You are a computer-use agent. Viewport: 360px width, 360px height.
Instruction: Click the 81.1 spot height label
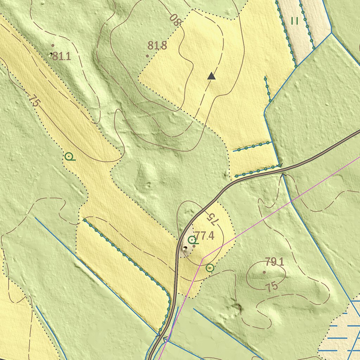click(x=62, y=56)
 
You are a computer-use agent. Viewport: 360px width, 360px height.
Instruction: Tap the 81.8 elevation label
click(x=157, y=45)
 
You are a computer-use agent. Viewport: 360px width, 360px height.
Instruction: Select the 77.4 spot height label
click(x=204, y=235)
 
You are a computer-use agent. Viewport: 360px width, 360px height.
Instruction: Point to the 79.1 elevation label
click(x=275, y=262)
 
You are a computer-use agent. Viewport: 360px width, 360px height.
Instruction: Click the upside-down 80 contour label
click(x=175, y=19)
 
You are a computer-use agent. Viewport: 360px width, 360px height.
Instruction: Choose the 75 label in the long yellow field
click(x=34, y=101)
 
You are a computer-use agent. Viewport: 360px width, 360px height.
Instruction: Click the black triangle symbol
click(x=211, y=76)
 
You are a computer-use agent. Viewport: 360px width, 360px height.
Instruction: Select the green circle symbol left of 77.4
click(x=192, y=240)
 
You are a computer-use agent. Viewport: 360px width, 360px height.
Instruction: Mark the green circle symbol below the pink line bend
click(x=210, y=268)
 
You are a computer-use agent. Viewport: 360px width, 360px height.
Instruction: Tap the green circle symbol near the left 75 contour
click(x=69, y=156)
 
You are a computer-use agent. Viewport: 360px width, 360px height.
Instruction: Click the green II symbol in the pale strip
click(x=295, y=21)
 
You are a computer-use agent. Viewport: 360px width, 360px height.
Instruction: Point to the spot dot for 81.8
click(x=147, y=56)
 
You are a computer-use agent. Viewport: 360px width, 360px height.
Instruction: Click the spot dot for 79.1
click(x=264, y=272)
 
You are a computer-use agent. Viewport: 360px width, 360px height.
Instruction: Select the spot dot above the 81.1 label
click(x=53, y=45)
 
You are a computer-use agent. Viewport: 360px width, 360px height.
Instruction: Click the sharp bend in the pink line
click(x=203, y=258)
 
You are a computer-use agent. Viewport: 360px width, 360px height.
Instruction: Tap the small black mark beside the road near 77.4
click(x=185, y=248)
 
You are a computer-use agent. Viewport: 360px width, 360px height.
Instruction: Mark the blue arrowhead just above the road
click(x=280, y=165)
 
